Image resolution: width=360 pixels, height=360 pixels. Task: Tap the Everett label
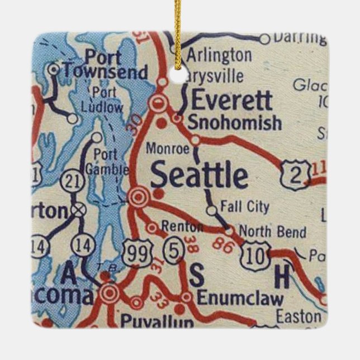pos(232,101)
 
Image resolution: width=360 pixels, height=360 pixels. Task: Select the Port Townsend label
pos(105,65)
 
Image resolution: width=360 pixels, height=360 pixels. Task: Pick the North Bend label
pos(272,232)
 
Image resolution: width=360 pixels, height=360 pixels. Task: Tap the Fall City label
pos(244,207)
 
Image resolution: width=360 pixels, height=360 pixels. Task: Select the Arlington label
pos(219,55)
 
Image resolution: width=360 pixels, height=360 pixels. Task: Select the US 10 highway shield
pos(254,257)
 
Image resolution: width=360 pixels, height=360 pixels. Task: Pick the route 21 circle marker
pos(73,180)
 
